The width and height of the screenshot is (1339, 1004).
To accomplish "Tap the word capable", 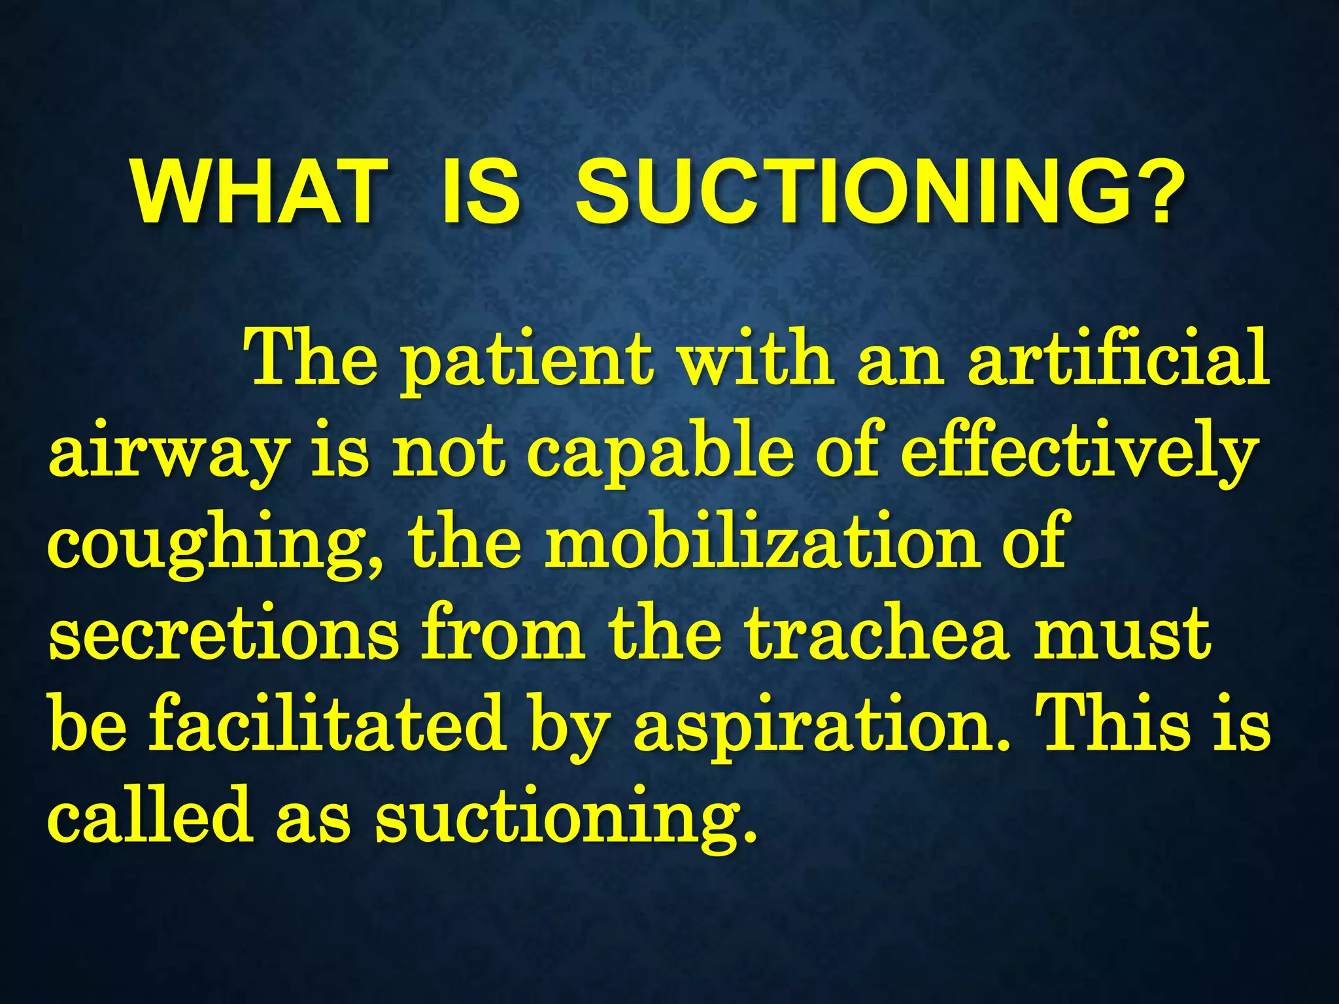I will click(660, 454).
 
